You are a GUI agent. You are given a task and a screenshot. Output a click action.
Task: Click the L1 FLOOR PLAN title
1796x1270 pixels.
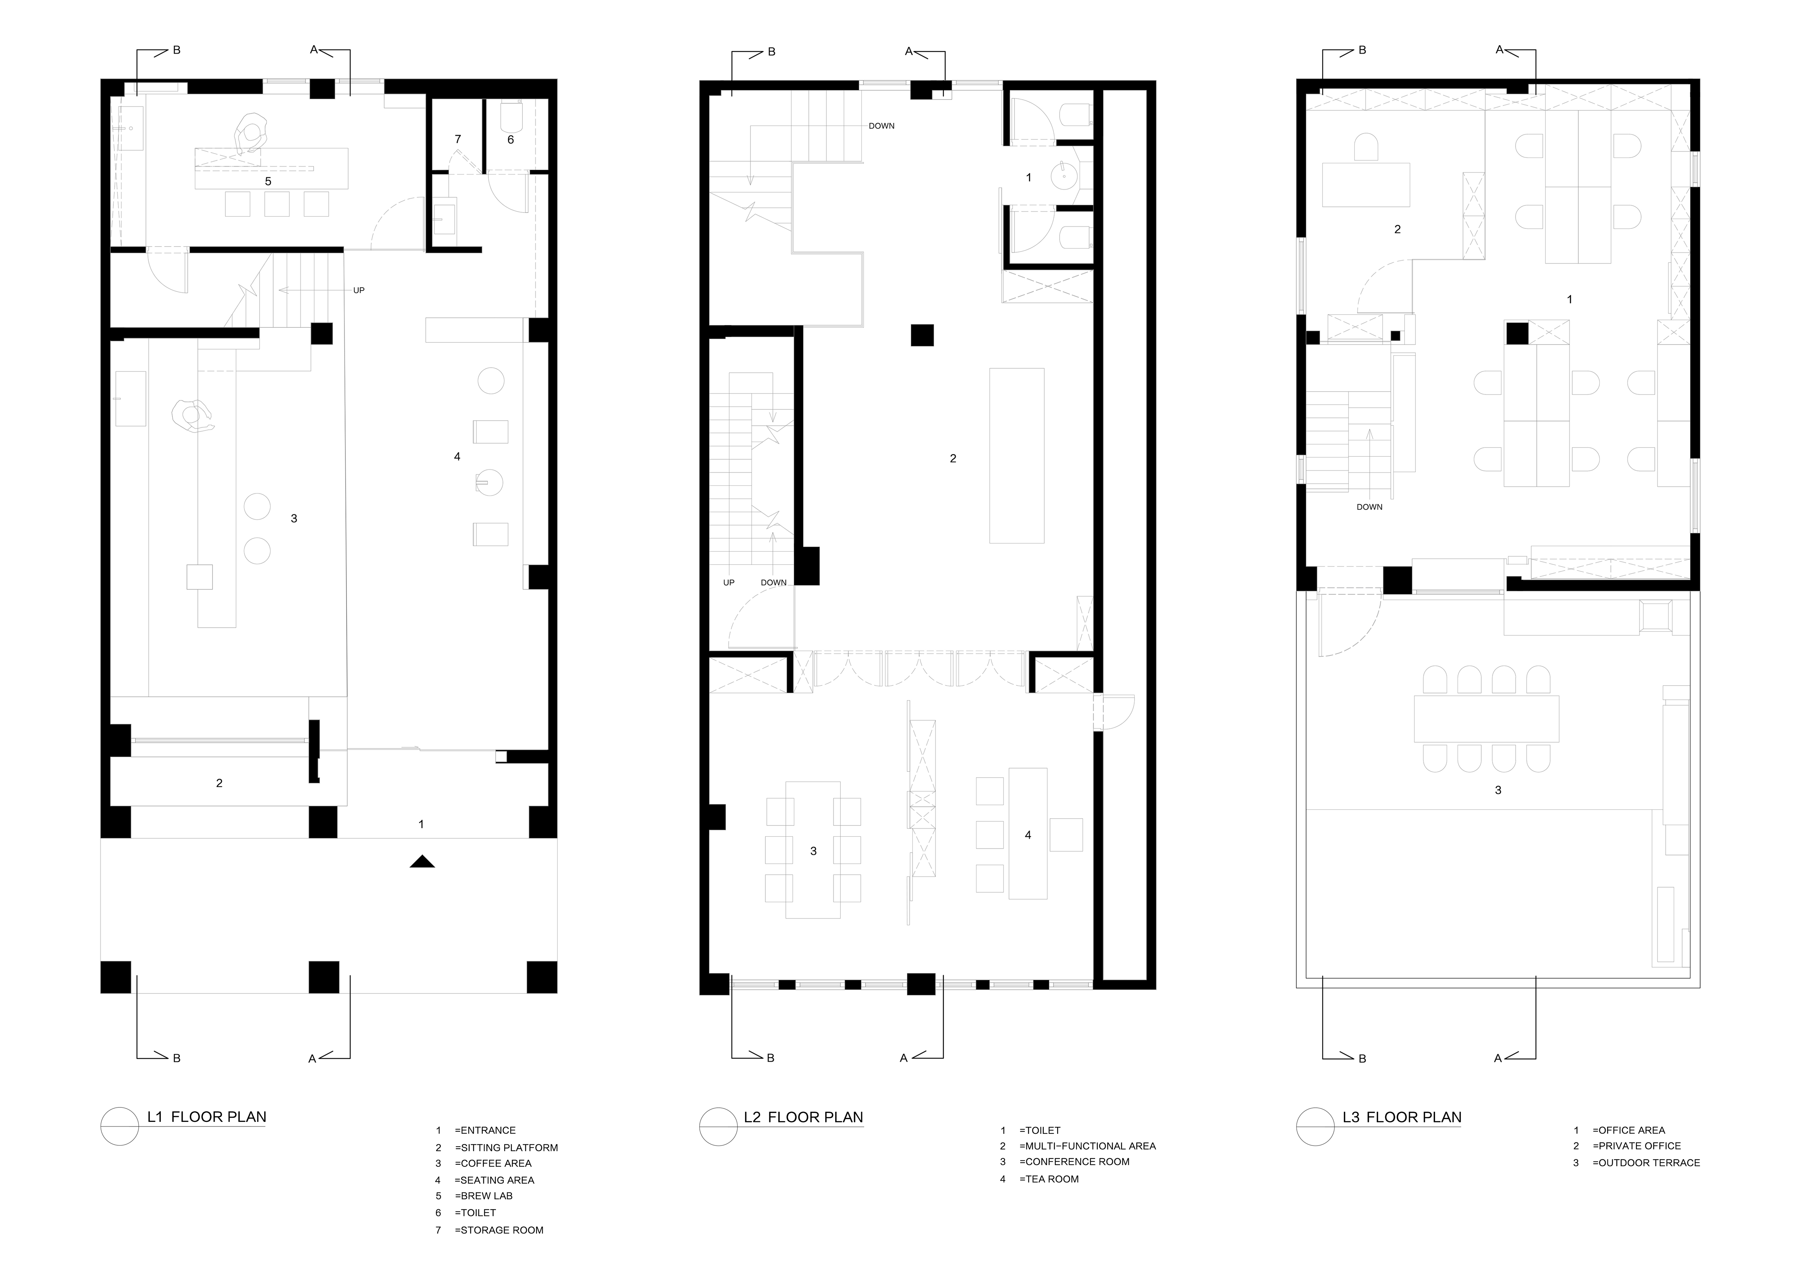coord(206,1117)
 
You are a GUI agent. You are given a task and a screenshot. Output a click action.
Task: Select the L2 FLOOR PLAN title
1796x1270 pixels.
coord(803,1117)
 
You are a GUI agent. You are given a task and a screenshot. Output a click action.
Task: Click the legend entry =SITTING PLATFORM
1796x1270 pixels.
coord(506,1148)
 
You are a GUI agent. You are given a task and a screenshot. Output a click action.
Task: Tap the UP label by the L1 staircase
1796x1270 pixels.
coord(359,290)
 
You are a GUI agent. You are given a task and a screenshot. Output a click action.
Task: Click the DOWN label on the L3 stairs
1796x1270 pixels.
coord(1370,507)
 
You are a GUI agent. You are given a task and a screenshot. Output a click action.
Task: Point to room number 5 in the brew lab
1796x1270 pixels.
coord(268,181)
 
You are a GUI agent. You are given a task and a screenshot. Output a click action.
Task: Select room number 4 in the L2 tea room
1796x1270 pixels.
coord(1028,835)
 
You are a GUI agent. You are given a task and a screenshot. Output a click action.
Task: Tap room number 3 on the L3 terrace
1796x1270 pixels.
coord(1498,790)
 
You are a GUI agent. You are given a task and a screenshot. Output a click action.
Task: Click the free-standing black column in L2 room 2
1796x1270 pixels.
coord(922,335)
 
